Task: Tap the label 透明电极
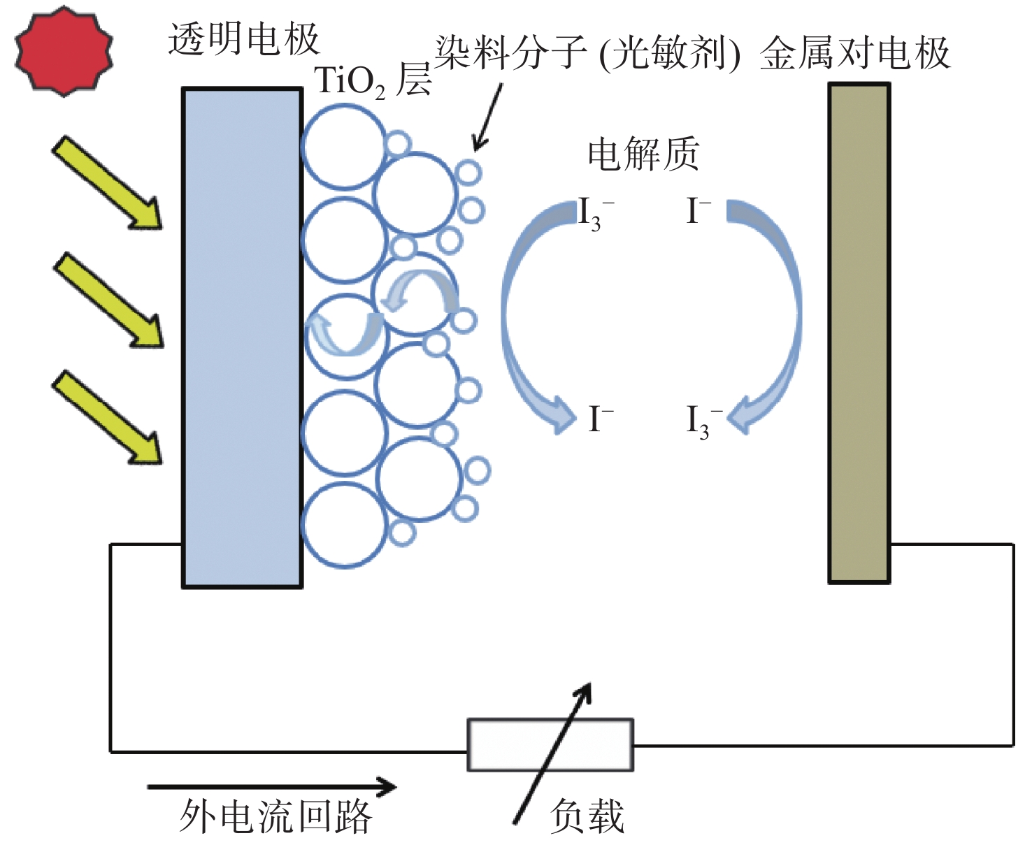pos(244,39)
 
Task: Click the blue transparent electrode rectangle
pos(242,338)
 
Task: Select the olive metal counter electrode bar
pos(859,333)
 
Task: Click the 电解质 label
pos(643,154)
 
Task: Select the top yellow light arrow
pos(107,182)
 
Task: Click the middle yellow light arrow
pos(108,300)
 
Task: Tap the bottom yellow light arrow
pos(107,417)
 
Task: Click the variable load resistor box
pos(550,744)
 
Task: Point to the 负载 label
pos(587,816)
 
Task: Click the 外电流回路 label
pos(275,816)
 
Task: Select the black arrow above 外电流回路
pos(272,787)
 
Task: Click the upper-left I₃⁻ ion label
pos(595,214)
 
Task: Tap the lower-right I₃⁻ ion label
pos(703,421)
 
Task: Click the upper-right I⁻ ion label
pos(698,211)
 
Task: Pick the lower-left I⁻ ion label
pos(601,419)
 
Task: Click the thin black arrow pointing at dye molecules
pos(487,117)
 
